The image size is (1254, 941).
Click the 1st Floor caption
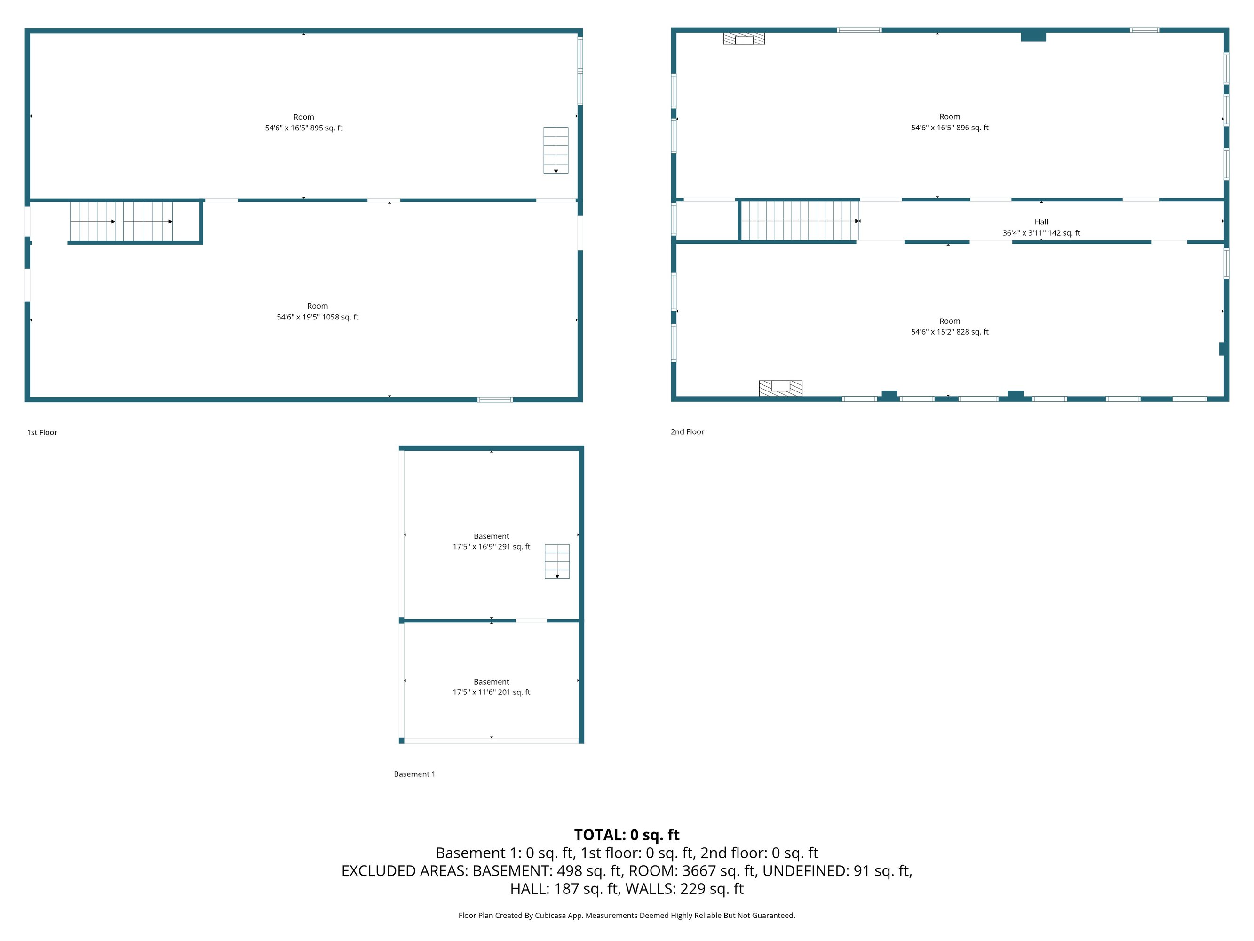[42, 432]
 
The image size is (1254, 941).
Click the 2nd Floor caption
[687, 431]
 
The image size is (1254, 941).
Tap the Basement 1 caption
[414, 774]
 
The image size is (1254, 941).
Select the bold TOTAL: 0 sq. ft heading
[627, 835]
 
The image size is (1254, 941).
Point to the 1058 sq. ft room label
[317, 311]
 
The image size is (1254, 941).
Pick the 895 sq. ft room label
[304, 122]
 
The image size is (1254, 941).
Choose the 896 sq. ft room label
[950, 122]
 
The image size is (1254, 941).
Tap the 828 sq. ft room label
[950, 326]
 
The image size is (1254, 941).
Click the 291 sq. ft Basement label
[492, 541]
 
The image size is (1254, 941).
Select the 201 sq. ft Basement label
[492, 687]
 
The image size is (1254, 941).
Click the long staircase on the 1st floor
[121, 221]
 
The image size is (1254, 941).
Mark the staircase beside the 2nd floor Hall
[800, 221]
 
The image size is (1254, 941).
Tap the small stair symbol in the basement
[557, 561]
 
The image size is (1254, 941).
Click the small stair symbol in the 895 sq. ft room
[556, 150]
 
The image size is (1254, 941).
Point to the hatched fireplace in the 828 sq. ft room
[781, 388]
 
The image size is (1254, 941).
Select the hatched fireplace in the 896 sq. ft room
[744, 39]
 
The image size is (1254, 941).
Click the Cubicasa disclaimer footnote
[627, 916]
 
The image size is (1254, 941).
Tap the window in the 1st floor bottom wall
[495, 399]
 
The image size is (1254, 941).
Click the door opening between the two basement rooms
[531, 621]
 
